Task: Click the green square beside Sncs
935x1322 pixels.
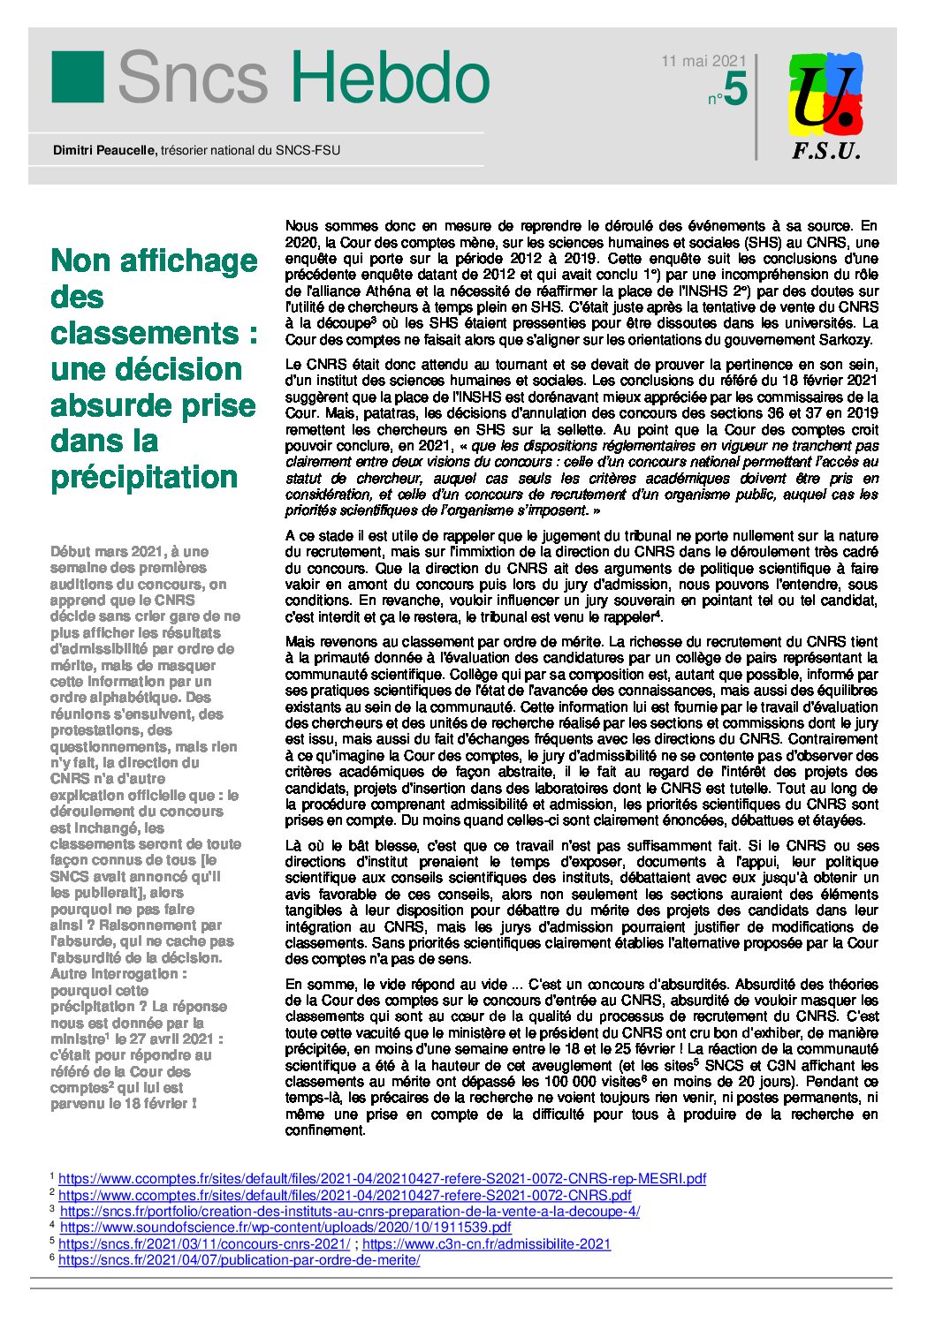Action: (78, 77)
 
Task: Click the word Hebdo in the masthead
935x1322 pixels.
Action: (390, 78)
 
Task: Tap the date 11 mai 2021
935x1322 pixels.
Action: (703, 61)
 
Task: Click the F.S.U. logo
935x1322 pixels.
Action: (825, 105)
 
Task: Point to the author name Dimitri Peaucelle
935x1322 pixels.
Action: (104, 150)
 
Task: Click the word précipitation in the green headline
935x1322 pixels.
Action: (144, 477)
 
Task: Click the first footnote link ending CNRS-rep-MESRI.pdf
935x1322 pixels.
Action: (382, 1178)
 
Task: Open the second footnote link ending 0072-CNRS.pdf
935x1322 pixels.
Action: (345, 1195)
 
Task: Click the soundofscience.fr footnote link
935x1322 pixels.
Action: (285, 1228)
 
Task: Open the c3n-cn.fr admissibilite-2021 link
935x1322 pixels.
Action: (486, 1243)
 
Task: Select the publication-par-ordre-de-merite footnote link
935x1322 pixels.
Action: (239, 1260)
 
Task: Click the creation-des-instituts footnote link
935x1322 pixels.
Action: (349, 1211)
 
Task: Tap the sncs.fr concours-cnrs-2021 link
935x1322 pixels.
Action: (204, 1243)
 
